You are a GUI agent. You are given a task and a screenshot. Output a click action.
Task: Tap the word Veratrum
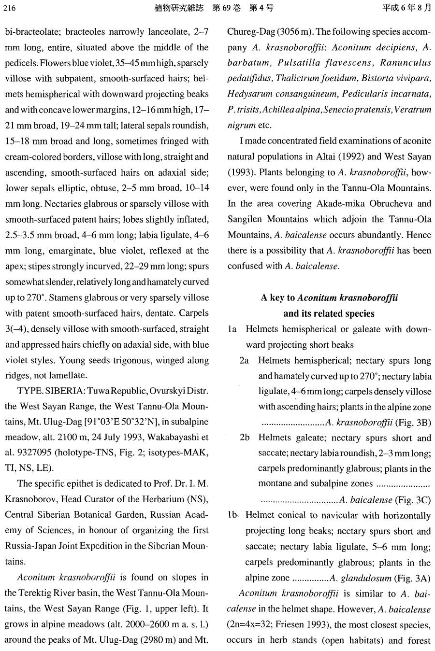pyautogui.click(x=412, y=110)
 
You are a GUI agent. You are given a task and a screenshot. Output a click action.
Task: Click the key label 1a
pyautogui.click(x=232, y=329)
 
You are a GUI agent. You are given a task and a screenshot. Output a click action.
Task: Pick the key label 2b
pyautogui.click(x=245, y=438)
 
